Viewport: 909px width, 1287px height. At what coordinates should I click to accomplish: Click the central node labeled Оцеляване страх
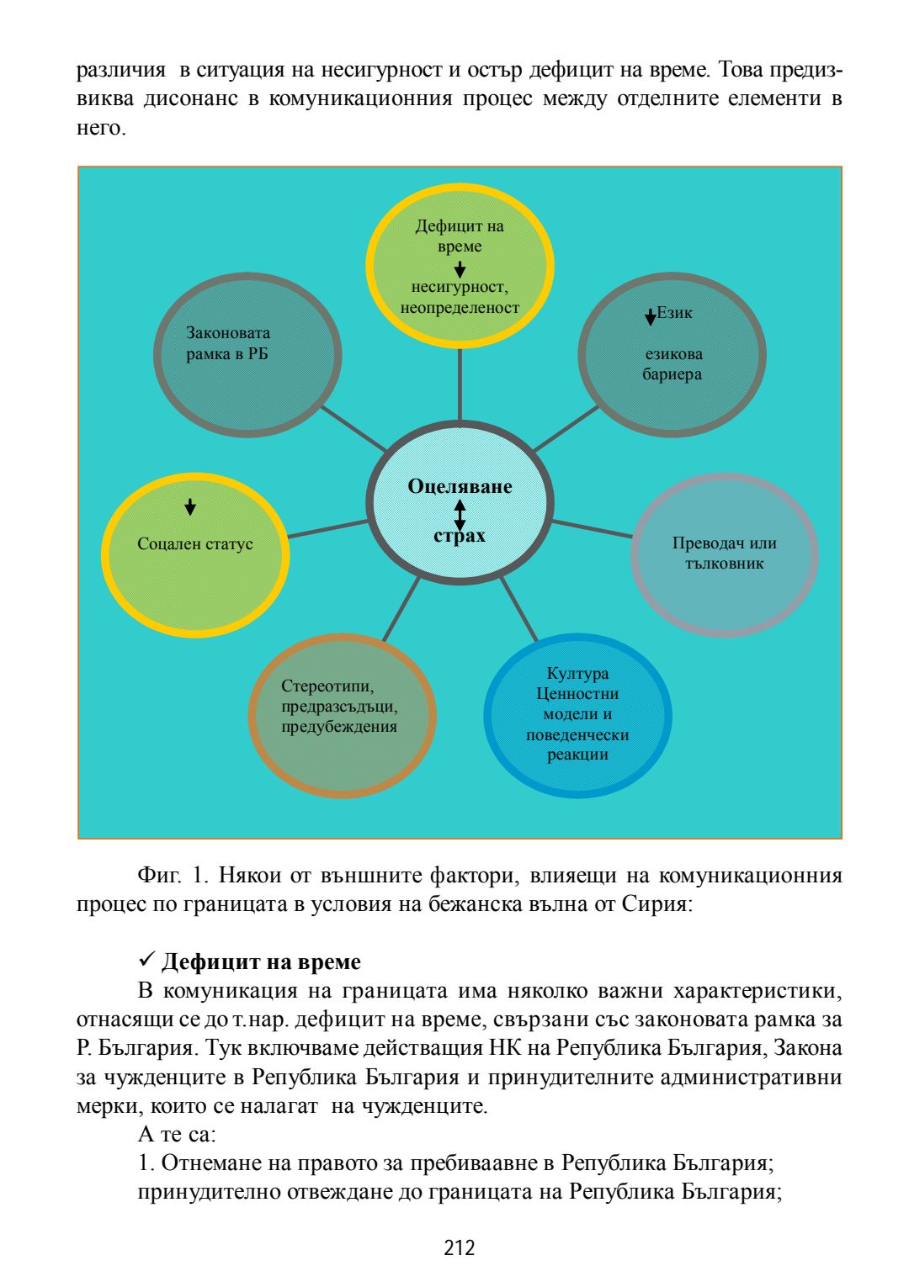coord(460,502)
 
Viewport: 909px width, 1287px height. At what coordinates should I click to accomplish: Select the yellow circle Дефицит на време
coord(460,266)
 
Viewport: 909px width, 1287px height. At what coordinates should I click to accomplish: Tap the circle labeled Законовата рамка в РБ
coord(247,354)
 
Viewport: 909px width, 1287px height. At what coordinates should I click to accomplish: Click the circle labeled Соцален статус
coord(195,555)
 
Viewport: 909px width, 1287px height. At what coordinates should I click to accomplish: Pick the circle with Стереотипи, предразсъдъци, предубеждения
coord(342,715)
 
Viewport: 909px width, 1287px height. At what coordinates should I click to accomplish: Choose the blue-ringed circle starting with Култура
coord(577,715)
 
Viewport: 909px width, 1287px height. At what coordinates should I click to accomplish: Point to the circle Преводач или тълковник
coord(724,553)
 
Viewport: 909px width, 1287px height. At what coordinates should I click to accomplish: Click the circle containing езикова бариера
coord(672,354)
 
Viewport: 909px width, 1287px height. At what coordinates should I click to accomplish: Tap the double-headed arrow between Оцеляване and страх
coord(460,512)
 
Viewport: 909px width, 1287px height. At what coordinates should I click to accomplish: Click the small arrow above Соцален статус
coord(190,506)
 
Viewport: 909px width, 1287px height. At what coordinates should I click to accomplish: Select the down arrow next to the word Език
coord(651,316)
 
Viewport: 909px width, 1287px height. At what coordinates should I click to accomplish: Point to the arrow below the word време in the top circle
coord(460,269)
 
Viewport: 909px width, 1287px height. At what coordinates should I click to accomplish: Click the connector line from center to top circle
coord(460,384)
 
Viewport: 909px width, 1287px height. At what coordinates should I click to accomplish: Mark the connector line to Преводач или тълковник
coord(592,529)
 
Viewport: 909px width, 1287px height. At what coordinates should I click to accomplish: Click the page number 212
coord(460,1247)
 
